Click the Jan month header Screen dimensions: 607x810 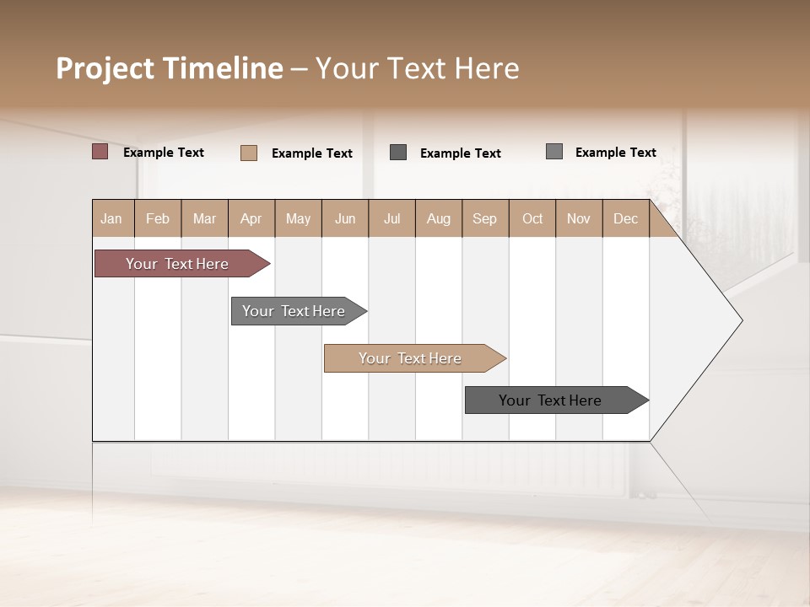(x=112, y=218)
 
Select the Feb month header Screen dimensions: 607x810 (x=158, y=218)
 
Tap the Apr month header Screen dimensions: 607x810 (x=251, y=218)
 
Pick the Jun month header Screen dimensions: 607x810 (x=345, y=218)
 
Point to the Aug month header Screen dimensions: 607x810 (x=439, y=218)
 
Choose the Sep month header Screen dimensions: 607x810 (x=485, y=218)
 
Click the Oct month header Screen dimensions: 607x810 (x=532, y=218)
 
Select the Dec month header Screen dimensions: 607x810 (x=626, y=218)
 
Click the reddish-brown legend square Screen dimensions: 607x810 (x=100, y=152)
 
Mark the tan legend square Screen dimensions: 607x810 (x=249, y=153)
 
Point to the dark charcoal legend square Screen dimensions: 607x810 (x=398, y=153)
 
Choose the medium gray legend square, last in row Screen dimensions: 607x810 (x=554, y=152)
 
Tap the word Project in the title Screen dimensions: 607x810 (x=105, y=68)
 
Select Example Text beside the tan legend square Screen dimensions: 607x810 (x=312, y=153)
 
